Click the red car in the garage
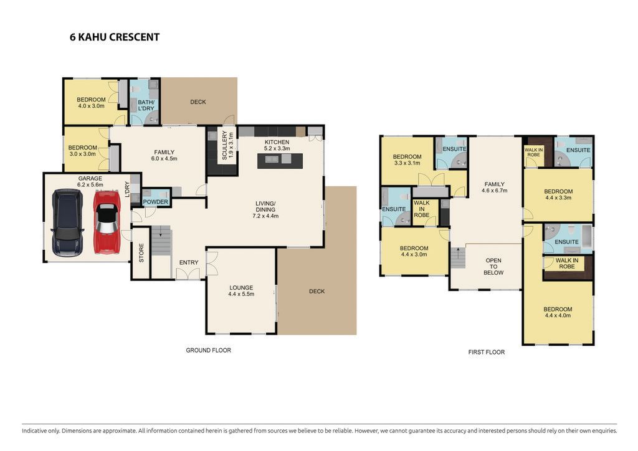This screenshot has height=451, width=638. [107, 222]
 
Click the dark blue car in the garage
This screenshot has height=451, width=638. [67, 223]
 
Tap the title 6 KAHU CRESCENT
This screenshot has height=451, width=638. [115, 37]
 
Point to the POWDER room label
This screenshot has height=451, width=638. [155, 202]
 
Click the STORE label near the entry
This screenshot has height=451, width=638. [141, 252]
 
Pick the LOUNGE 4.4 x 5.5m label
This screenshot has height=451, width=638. [241, 291]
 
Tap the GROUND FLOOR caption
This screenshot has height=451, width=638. [208, 350]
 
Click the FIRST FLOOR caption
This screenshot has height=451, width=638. [486, 352]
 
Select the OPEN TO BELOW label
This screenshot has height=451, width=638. [493, 267]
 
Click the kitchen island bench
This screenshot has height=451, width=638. [280, 161]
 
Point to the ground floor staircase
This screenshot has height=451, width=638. [161, 240]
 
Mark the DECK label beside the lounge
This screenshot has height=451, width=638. [317, 291]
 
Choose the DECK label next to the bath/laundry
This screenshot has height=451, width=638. [198, 102]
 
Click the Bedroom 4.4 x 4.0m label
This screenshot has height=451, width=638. [558, 312]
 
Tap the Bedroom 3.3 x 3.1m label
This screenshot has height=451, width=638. [407, 160]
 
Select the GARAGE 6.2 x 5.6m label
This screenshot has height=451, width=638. [90, 181]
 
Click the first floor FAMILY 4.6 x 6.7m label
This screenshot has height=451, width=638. [494, 187]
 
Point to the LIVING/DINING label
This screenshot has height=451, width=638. [265, 209]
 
